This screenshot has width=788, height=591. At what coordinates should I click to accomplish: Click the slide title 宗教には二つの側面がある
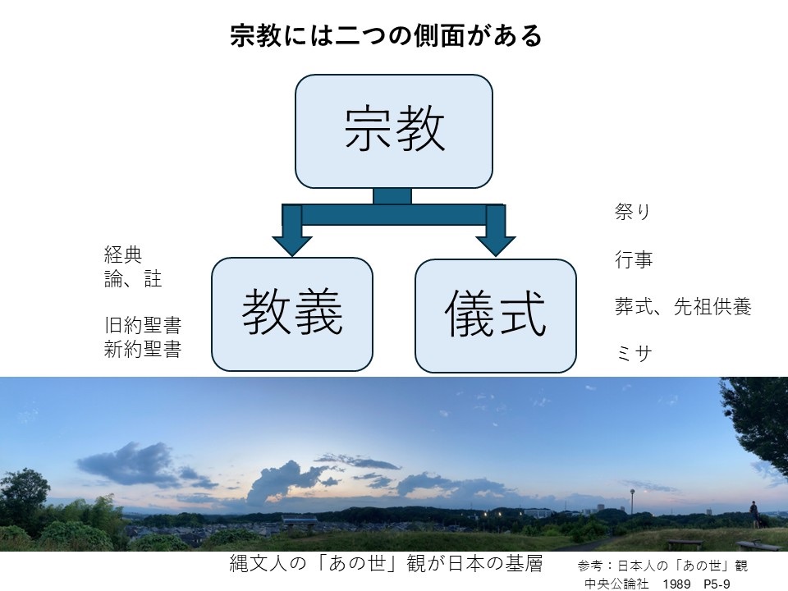[386, 36]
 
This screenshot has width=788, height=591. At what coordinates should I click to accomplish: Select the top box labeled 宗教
[394, 131]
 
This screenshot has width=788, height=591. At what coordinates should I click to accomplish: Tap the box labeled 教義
[292, 314]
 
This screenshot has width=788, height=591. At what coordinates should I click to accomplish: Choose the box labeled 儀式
[495, 315]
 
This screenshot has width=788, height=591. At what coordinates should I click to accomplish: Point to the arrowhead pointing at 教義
[292, 241]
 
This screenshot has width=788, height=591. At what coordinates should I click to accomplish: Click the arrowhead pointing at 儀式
[495, 241]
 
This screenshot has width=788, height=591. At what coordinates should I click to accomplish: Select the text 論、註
[133, 279]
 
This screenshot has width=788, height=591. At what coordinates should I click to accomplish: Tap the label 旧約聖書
[143, 324]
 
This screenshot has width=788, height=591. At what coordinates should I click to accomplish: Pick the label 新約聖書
[143, 349]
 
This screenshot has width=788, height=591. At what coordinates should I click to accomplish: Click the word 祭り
[632, 212]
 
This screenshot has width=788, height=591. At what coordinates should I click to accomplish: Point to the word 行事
[634, 260]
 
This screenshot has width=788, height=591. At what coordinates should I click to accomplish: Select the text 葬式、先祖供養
[683, 307]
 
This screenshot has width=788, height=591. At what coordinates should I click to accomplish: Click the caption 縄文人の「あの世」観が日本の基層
[386, 565]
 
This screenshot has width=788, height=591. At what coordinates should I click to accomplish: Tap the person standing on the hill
[754, 515]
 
